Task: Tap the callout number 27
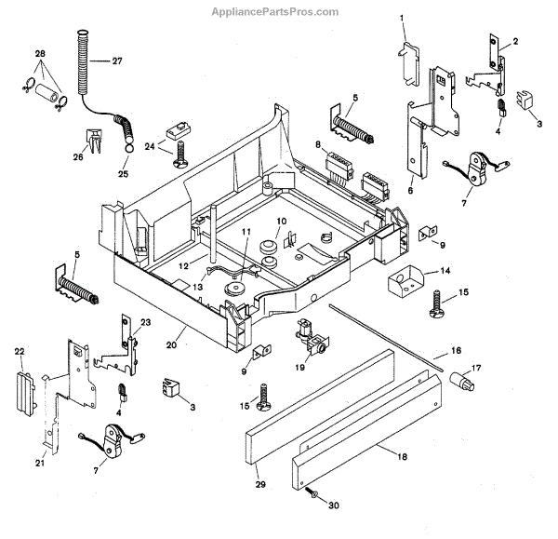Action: [117, 62]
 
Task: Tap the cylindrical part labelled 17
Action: [460, 381]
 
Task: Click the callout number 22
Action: [19, 351]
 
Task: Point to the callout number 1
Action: [403, 18]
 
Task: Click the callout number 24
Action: [149, 145]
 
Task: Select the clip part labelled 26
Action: [94, 142]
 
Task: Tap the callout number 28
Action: [39, 55]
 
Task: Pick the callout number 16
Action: [456, 350]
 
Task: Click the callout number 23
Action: [145, 322]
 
